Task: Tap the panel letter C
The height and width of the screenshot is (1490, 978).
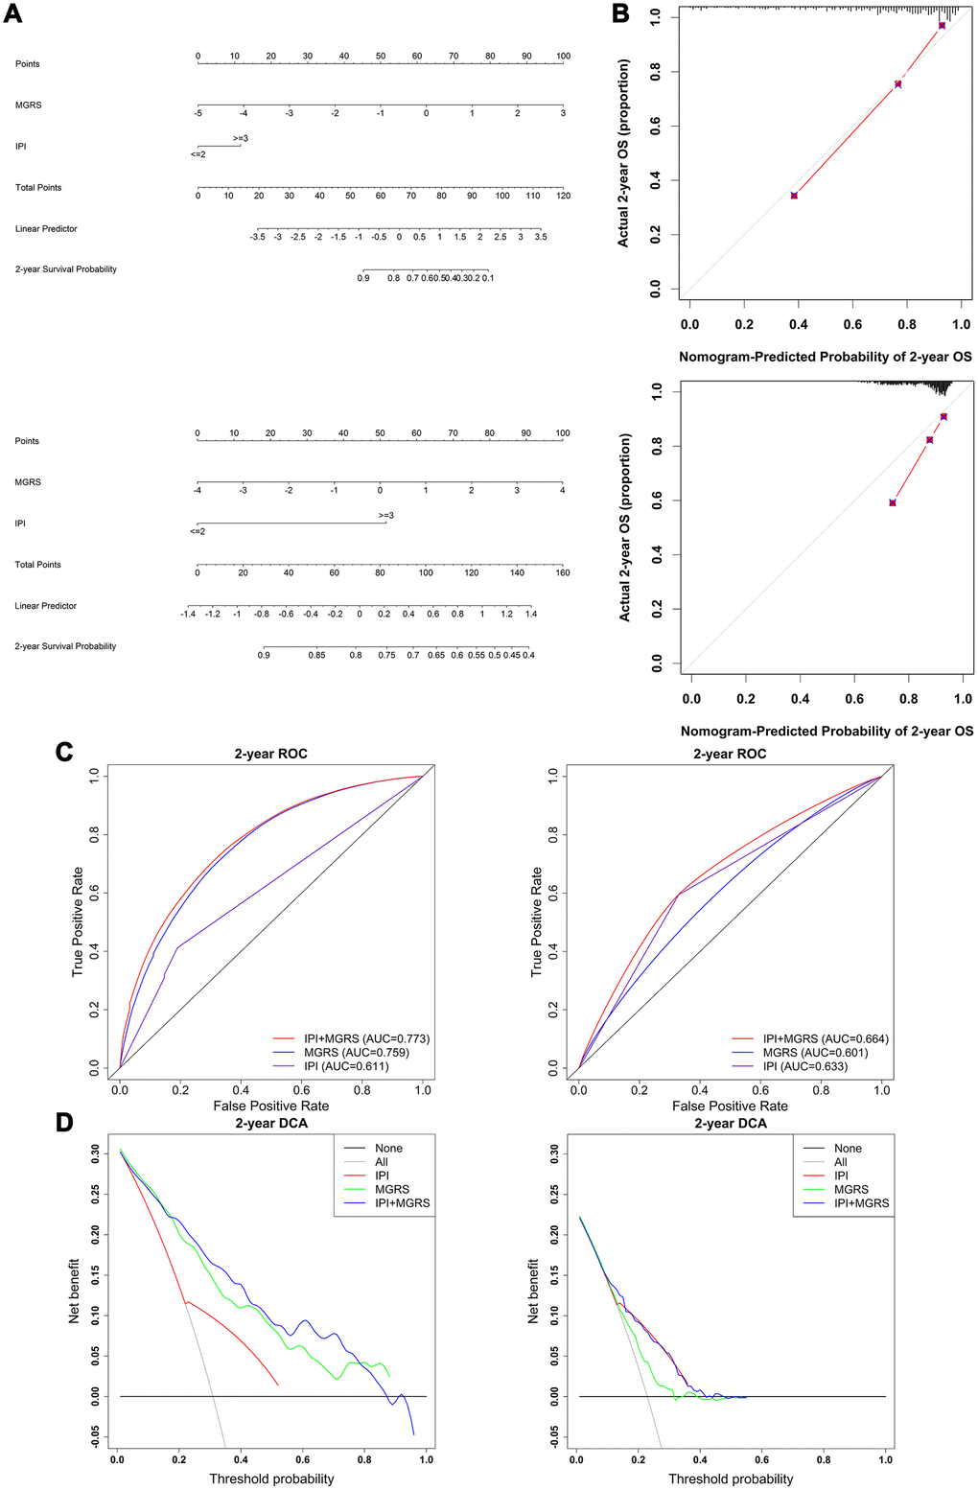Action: pos(64,751)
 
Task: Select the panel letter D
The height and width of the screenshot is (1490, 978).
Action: pos(64,1121)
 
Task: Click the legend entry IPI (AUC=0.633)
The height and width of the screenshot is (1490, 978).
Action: pos(805,1066)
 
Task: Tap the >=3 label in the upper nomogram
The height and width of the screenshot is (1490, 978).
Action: pos(240,138)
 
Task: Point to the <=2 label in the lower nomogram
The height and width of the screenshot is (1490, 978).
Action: pos(198,531)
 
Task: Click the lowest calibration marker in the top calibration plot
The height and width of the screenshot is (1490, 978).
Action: pos(794,196)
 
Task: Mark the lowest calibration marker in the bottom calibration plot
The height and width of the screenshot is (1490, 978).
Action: pos(893,502)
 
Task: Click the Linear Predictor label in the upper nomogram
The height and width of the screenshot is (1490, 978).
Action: pos(46,229)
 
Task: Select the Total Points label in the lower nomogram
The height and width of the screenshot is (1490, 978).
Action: pos(38,565)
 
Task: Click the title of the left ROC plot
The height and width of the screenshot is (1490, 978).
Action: pos(271,754)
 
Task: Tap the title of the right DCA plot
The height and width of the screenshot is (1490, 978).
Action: pos(731,1123)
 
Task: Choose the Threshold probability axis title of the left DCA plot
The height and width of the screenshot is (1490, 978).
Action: pos(272,1478)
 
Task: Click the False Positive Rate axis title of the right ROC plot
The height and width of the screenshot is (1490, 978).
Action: pos(731,1106)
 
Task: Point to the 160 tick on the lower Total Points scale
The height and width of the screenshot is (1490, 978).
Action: pos(563,572)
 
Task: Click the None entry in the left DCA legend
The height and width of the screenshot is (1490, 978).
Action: pos(388,1148)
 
